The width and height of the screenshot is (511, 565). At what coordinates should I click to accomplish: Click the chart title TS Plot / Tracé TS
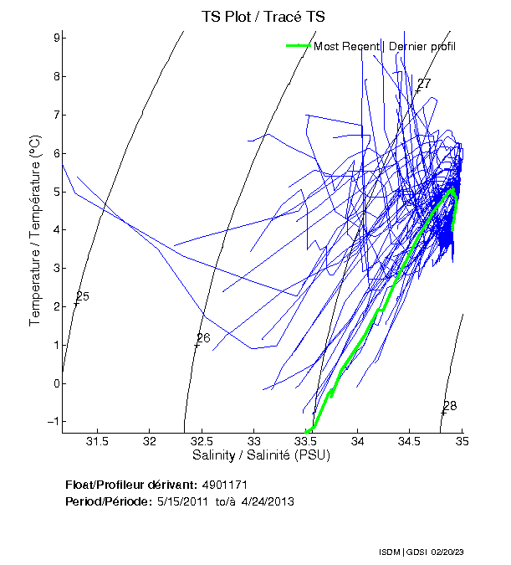263,16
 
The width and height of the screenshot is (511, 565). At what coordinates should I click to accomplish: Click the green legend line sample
298,45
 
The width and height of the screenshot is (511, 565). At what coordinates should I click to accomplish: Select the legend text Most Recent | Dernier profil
385,46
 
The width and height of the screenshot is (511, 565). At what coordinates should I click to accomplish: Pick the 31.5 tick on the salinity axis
98,441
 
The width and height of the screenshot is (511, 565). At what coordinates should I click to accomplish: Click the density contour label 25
82,297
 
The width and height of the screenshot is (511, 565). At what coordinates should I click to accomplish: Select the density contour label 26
203,338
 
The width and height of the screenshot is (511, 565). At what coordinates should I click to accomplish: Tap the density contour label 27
424,84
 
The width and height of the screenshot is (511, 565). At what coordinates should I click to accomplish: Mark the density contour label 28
450,406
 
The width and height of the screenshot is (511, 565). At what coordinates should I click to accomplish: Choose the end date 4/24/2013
267,501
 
